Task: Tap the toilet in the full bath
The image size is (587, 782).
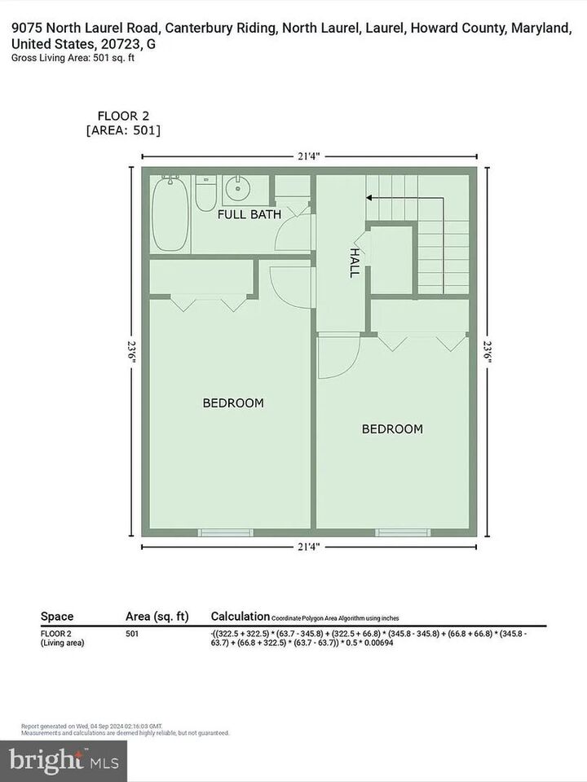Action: (205, 194)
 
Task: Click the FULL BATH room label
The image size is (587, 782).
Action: (249, 214)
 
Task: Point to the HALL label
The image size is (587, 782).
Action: (355, 263)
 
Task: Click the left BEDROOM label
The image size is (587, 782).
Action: (233, 402)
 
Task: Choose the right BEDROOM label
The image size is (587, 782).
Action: (392, 428)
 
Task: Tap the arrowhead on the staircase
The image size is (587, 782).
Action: (369, 197)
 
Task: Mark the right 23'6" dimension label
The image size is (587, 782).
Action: (487, 351)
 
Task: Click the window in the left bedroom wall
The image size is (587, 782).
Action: (220, 533)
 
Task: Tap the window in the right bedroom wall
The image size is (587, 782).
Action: (397, 533)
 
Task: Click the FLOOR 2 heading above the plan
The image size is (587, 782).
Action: (123, 116)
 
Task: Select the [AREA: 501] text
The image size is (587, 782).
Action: (123, 130)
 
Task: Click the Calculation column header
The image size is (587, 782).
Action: (240, 617)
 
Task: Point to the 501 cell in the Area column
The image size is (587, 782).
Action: (135, 633)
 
